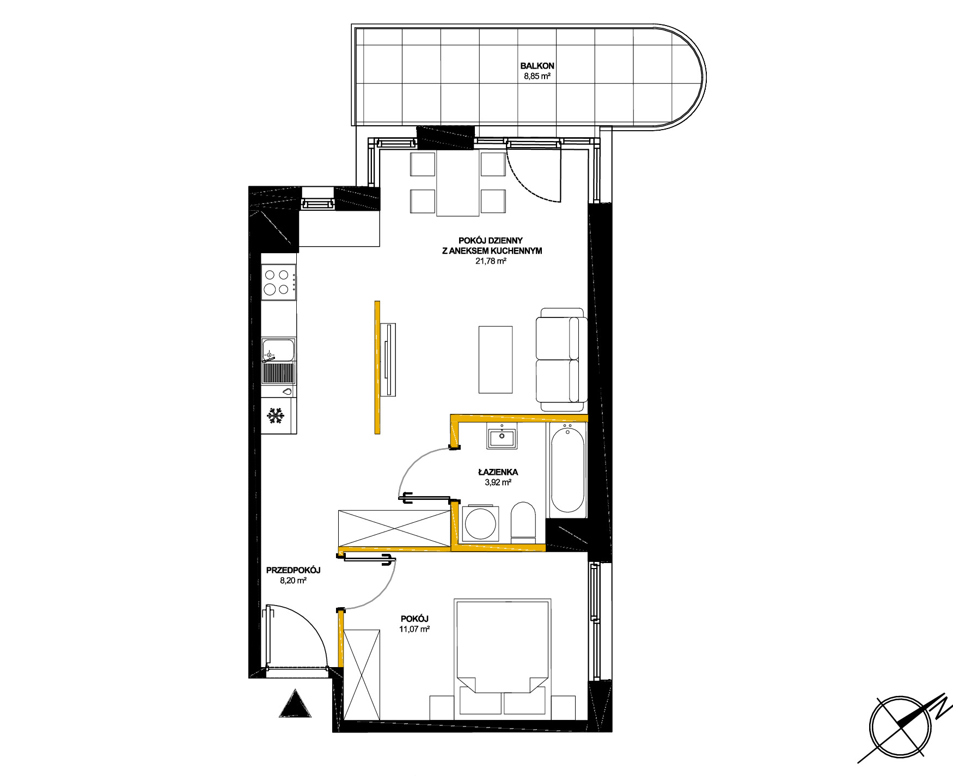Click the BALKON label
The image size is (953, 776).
pos(537,66)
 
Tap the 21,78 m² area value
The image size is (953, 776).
pos(491,261)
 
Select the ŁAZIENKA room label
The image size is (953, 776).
pos(498,472)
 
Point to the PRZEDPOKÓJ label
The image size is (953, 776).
pos(293,570)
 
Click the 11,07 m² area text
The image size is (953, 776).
pos(414,629)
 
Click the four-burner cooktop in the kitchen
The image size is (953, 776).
pos(278,282)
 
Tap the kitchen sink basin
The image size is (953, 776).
pos(278,350)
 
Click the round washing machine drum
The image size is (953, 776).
pos(480,523)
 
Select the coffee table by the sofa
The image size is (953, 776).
pos(496,359)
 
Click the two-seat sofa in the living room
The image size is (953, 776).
pos(561,359)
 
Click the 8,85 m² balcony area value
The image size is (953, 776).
pos(537,76)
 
